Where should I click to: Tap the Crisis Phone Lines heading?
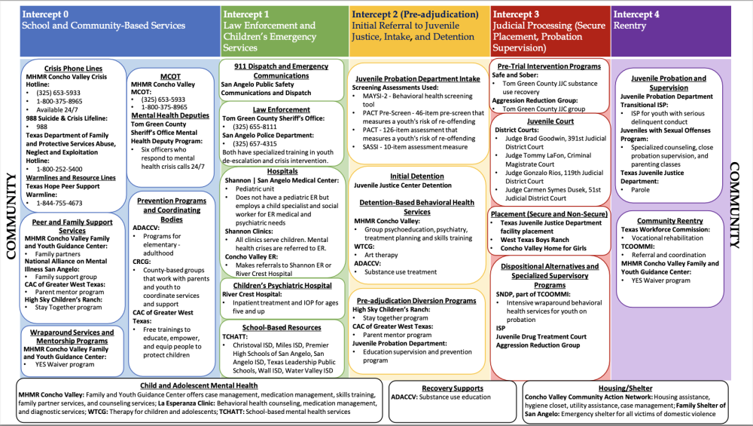(73, 68)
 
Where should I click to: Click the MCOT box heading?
(170, 76)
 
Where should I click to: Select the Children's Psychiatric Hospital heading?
(282, 286)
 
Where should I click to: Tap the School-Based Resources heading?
(282, 327)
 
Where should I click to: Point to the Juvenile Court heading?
(550, 121)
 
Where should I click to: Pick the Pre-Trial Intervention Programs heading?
(550, 66)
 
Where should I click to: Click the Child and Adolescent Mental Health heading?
(199, 385)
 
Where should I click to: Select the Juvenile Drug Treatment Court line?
(541, 336)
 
